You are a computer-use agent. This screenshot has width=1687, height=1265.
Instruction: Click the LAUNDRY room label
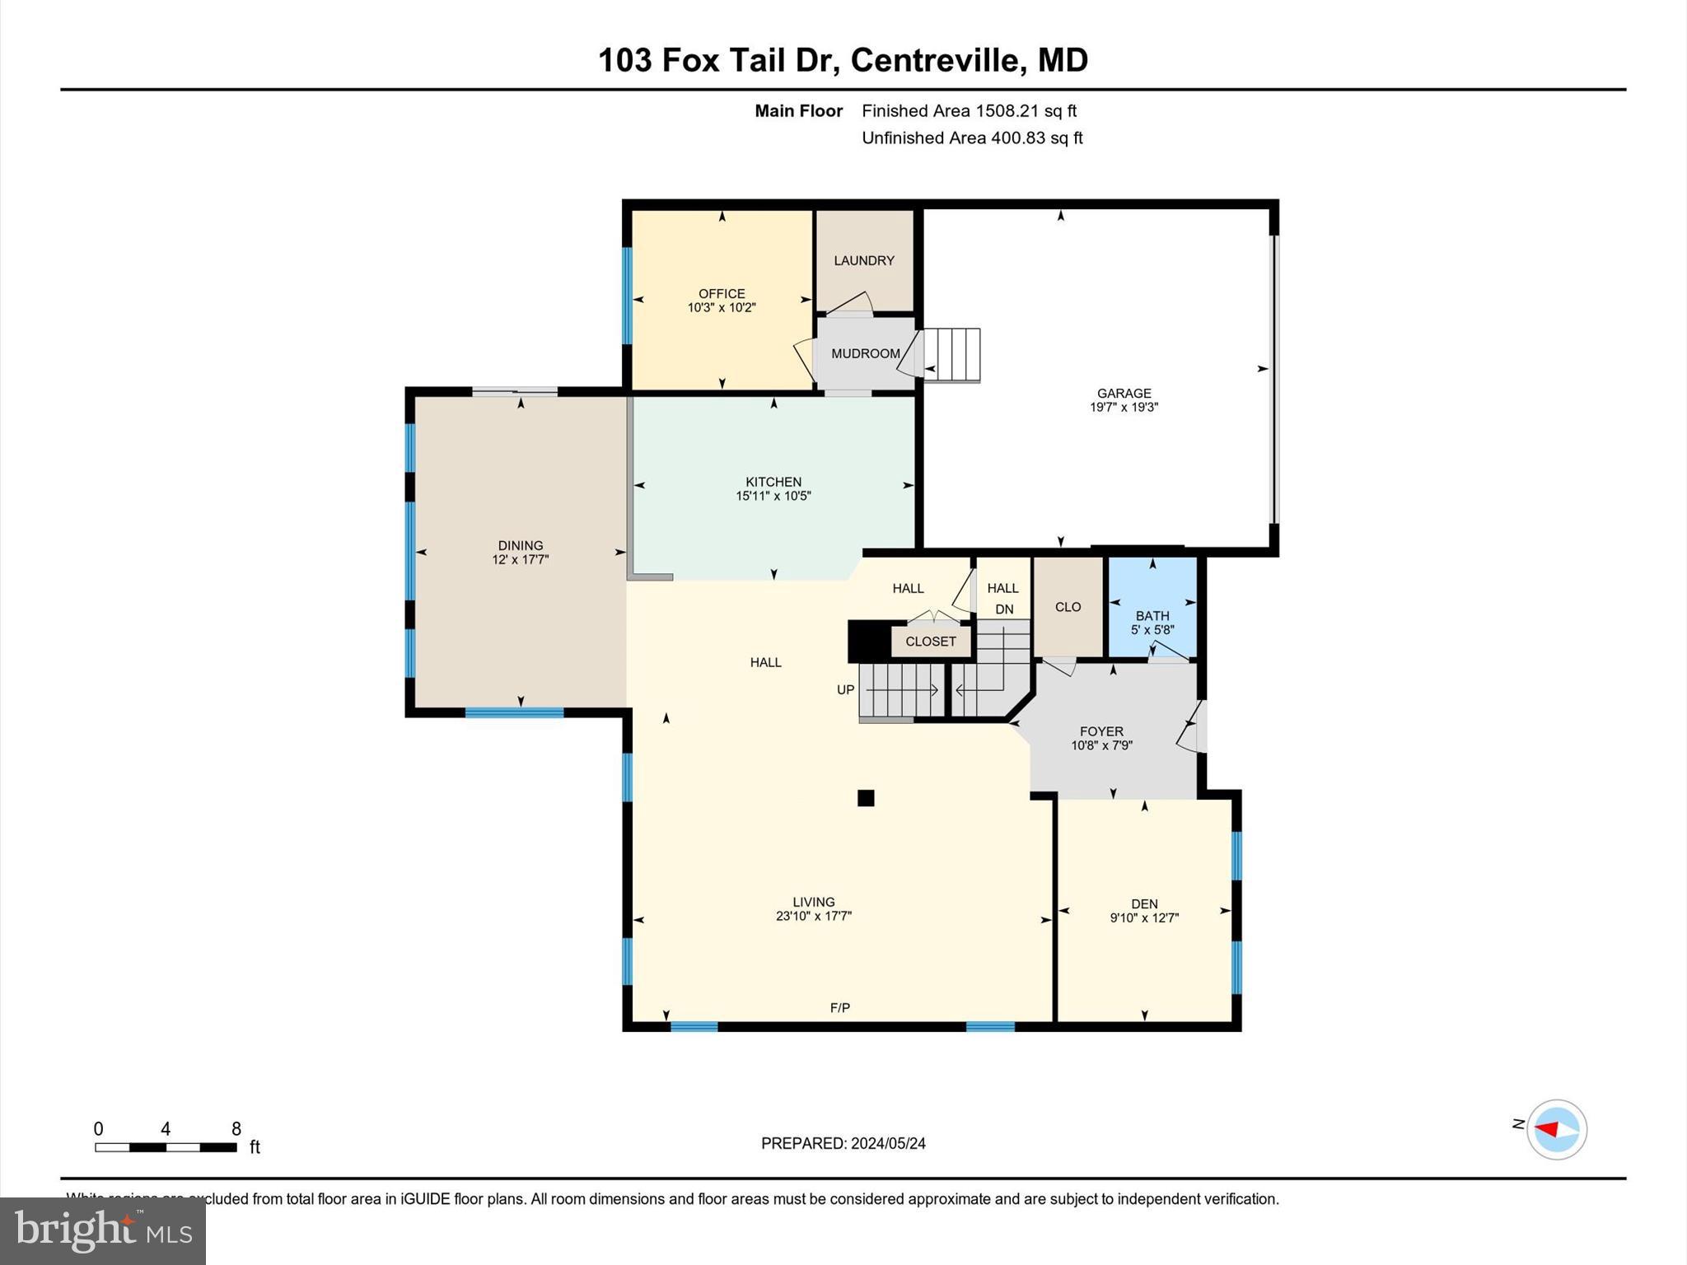pos(863,260)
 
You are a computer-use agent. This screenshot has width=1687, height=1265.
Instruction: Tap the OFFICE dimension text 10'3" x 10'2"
pos(722,308)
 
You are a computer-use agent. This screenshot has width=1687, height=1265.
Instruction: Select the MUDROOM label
pos(865,353)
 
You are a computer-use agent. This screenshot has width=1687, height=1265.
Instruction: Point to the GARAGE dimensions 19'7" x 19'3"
pos(1124,407)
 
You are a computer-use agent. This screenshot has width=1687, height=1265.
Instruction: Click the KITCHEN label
pos(773,482)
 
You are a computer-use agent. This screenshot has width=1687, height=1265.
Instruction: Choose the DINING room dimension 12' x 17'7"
pos(520,559)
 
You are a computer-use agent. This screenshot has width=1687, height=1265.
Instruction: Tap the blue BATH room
pos(1152,607)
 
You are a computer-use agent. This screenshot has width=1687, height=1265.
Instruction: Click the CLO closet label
pos(1068,607)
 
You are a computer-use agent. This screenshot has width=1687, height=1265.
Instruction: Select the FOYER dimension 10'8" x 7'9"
pos(1101,745)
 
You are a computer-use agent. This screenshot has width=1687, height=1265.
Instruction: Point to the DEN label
pos(1144,903)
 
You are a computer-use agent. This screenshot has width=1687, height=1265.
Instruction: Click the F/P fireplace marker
pos(839,1007)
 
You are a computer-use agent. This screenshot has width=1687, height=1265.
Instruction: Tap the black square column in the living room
pos(865,797)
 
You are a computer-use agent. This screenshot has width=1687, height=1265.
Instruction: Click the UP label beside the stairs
pos(845,690)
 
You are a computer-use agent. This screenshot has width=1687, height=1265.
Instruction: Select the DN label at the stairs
pos(1004,609)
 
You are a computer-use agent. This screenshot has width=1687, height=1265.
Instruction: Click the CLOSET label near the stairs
pos(931,642)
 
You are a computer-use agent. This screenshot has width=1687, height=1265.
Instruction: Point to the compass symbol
pos(1556,1129)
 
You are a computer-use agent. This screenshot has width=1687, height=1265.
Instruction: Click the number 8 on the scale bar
pos(236,1129)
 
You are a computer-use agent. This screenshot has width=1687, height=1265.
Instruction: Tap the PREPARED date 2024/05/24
pos(888,1143)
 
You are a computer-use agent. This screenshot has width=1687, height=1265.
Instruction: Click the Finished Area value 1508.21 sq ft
pos(1026,111)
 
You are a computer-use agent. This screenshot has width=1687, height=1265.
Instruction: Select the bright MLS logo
pos(103,1230)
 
